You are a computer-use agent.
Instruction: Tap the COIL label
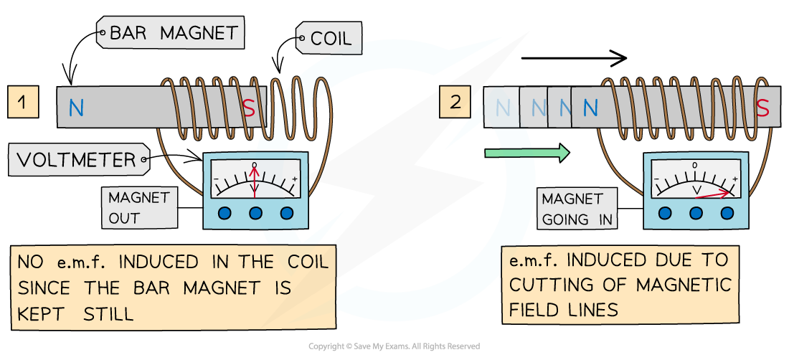(331, 38)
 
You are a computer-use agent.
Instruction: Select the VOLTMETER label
(76, 160)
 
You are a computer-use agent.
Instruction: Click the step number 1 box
(23, 103)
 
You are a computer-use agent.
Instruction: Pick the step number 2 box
(455, 102)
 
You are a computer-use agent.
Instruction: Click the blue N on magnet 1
(76, 108)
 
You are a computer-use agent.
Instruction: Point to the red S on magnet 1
(249, 108)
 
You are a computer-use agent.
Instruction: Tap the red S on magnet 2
(763, 108)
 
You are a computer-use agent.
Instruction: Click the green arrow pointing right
(527, 153)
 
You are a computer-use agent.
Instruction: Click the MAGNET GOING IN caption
(577, 209)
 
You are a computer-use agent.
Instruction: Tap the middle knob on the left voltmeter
(256, 214)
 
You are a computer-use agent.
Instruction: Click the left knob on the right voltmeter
(665, 214)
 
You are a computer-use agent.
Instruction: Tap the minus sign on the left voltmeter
(216, 177)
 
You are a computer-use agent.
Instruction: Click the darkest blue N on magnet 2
(590, 108)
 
